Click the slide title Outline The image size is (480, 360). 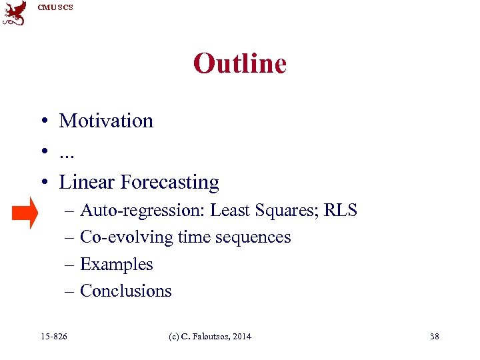239,64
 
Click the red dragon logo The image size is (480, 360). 15,13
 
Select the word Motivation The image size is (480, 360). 106,121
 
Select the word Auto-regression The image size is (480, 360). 142,211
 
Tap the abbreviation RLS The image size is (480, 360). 341,211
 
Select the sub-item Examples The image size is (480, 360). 116,264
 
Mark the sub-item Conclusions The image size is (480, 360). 125,291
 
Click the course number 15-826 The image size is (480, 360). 54,336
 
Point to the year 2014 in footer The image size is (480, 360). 242,336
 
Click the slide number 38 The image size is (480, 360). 434,336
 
